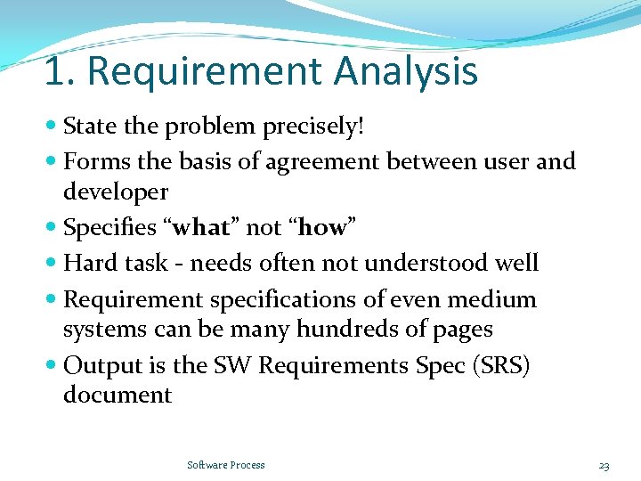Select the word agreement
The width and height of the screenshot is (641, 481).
[x=331, y=162]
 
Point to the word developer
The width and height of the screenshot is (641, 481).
[x=115, y=192]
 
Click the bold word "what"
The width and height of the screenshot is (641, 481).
[x=203, y=228]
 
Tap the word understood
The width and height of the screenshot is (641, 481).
[x=426, y=263]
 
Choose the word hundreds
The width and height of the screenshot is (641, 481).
[x=346, y=330]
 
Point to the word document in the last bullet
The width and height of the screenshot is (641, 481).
[x=117, y=395]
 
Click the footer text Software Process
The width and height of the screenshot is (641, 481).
[x=226, y=465]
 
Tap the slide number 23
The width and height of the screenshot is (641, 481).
[x=604, y=465]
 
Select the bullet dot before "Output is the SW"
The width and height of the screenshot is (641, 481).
[x=53, y=365]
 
